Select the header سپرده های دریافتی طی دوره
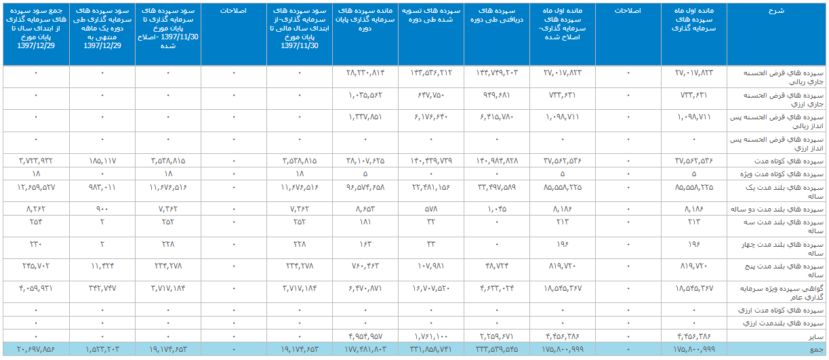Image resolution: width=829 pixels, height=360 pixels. (497, 16)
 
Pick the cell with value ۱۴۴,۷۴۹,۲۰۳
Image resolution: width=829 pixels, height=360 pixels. (497, 72)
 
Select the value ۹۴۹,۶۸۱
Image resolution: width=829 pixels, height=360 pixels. (497, 94)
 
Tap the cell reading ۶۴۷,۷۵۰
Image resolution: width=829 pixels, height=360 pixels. (431, 94)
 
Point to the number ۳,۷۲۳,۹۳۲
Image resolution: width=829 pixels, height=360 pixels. (36, 161)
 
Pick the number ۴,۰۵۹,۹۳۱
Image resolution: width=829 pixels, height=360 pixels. (36, 289)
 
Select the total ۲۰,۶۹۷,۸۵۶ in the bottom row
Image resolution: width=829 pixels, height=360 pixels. (36, 349)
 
